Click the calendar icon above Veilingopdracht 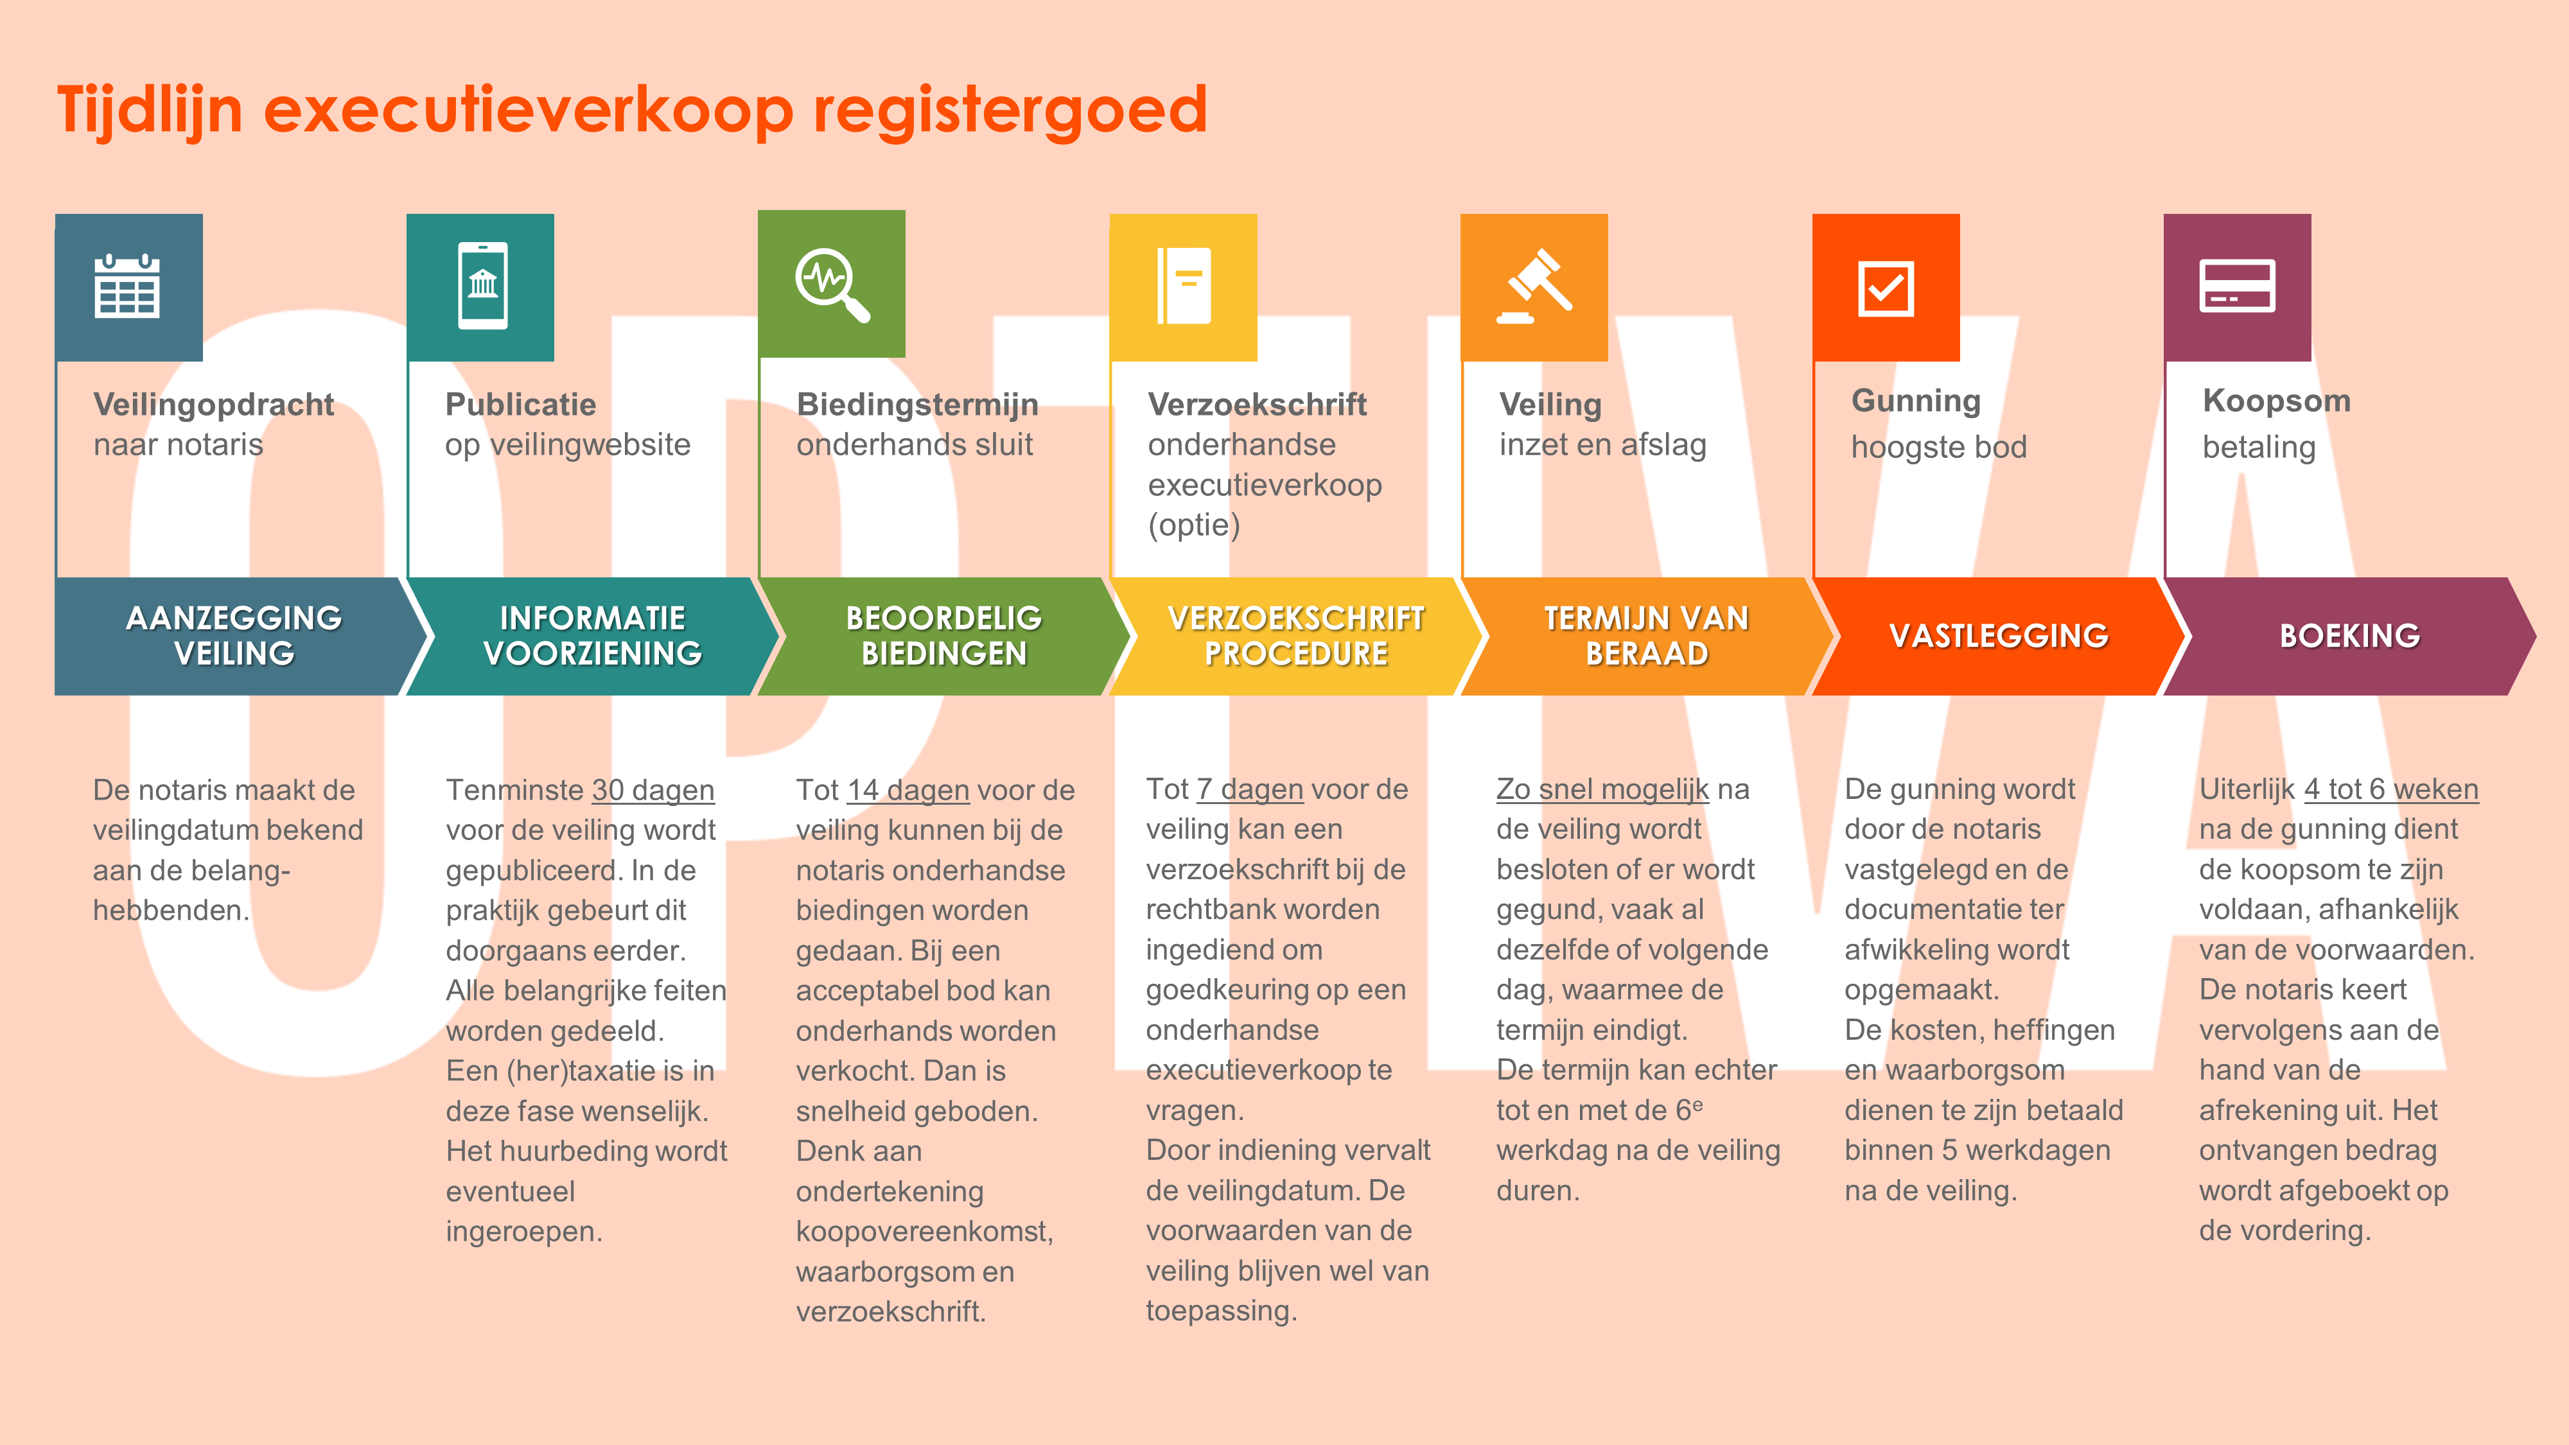click(x=127, y=286)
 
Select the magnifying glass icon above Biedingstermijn click(x=832, y=285)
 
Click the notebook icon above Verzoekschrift click(x=1184, y=286)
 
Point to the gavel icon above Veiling click(x=1535, y=286)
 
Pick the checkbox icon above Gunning click(x=1886, y=288)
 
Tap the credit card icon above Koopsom click(x=2237, y=286)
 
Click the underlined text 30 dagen click(x=653, y=790)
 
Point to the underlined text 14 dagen click(x=907, y=790)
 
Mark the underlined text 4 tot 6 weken click(x=2390, y=789)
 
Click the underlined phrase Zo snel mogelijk click(x=1602, y=789)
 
